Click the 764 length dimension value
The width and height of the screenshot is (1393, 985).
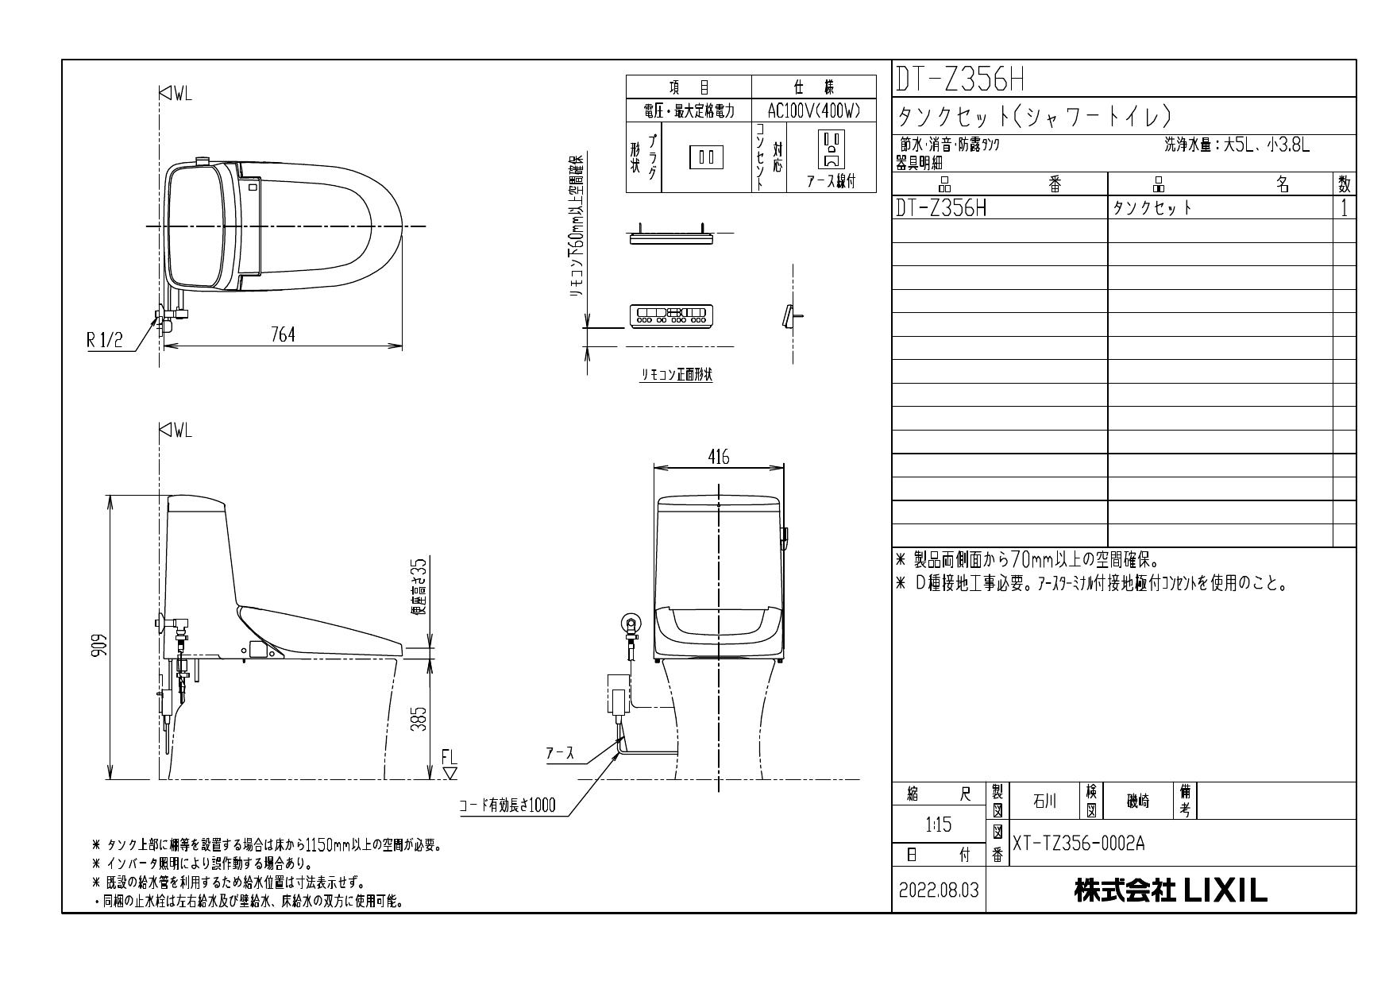point(282,335)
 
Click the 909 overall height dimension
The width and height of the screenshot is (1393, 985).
point(97,643)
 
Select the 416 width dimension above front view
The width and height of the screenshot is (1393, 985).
point(718,457)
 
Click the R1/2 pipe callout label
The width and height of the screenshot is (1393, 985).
point(105,342)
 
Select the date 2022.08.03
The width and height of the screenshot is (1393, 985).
point(939,890)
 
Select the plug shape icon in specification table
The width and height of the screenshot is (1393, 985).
point(706,156)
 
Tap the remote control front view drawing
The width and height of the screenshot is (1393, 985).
point(671,315)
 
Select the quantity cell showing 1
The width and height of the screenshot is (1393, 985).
point(1344,208)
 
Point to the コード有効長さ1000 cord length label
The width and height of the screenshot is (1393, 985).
point(507,805)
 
